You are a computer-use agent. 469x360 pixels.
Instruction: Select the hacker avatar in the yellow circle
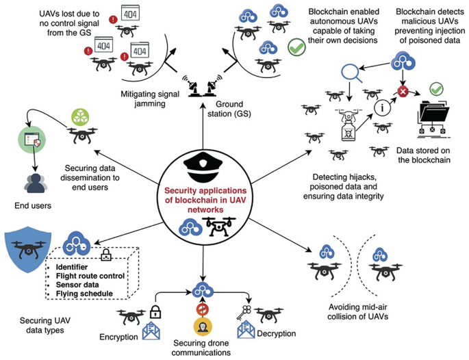point(201,324)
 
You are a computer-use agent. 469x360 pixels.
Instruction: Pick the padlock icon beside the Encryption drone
point(155,313)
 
